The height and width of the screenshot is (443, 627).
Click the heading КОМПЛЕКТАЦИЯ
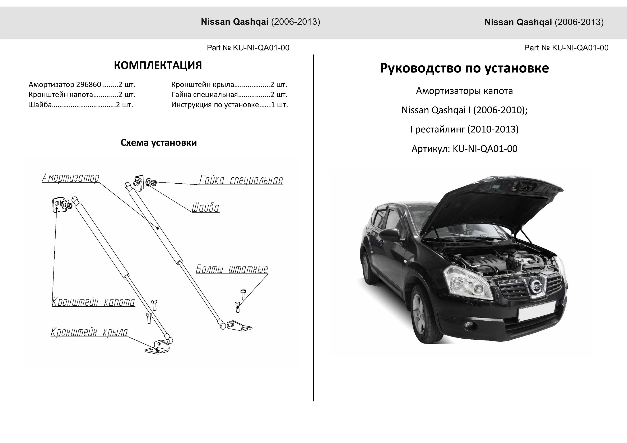point(158,66)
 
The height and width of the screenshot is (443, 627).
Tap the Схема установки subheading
point(159,143)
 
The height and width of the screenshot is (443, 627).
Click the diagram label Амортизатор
point(70,178)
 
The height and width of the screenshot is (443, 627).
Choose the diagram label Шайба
point(205,208)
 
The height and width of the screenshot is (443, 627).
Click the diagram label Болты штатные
point(232,269)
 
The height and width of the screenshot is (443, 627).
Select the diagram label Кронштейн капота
point(93,302)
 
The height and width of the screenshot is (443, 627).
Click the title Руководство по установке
point(464,68)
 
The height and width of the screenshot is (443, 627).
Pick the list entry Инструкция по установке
point(215,105)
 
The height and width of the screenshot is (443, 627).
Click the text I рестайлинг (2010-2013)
point(464,129)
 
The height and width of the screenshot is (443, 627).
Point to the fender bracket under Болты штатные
point(240,325)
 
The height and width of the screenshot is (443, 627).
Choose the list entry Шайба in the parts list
point(40,105)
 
